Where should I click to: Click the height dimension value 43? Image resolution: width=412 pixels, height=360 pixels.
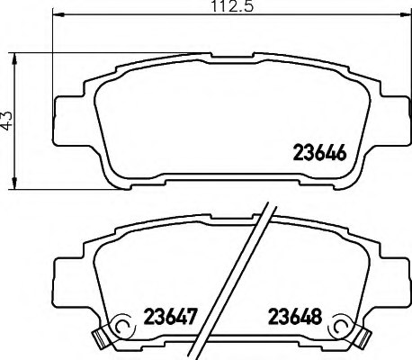point(9,121)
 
